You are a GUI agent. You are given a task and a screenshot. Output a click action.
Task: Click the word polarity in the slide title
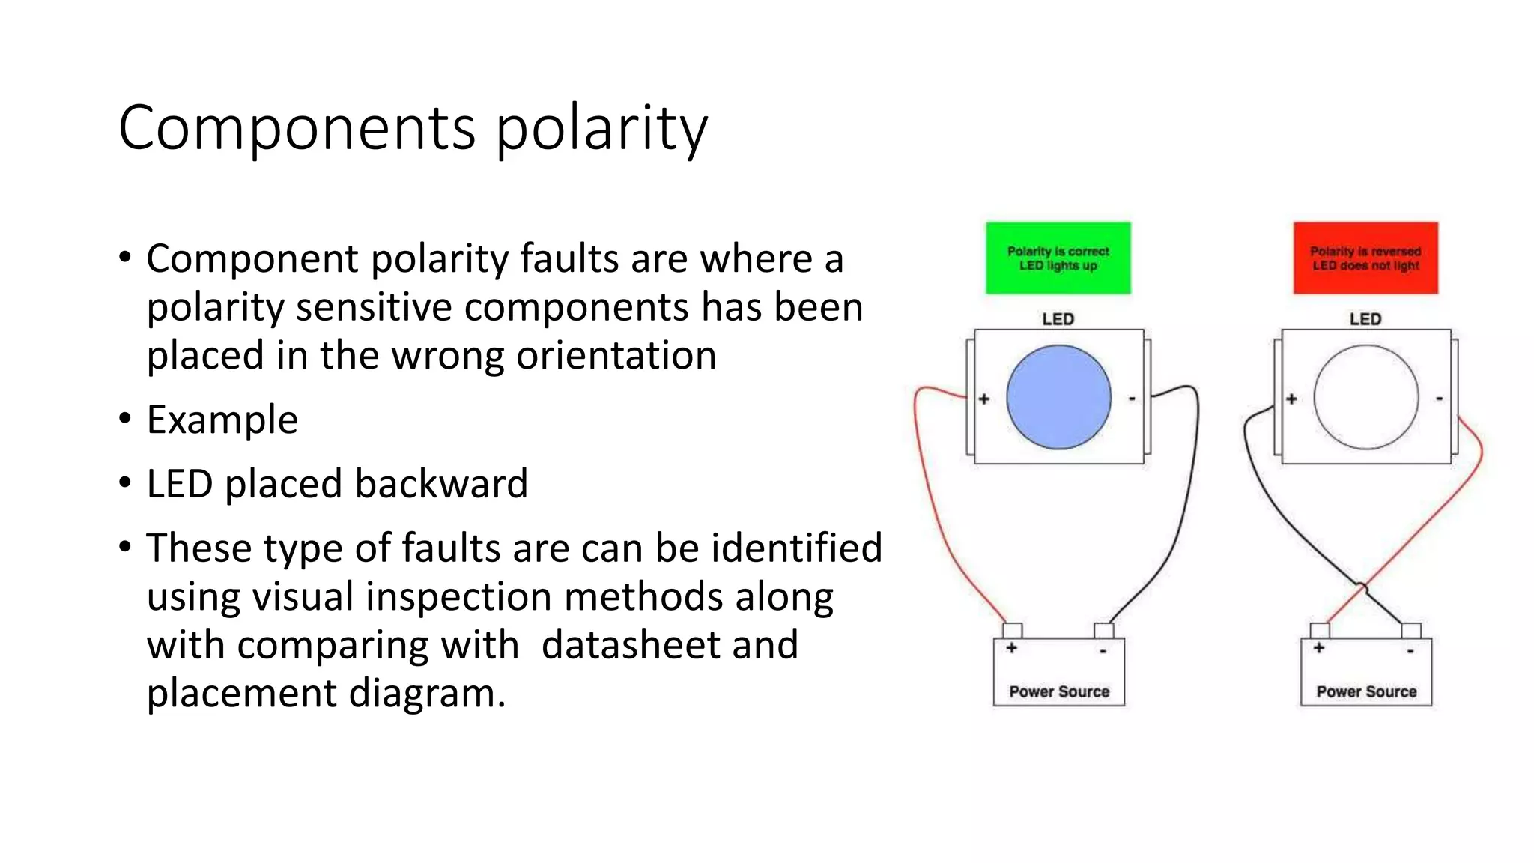point(601,129)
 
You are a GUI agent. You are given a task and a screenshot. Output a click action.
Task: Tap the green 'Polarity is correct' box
point(1058,258)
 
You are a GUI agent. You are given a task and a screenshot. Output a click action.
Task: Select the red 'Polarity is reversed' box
point(1365,258)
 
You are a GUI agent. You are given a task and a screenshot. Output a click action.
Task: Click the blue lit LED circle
point(1058,397)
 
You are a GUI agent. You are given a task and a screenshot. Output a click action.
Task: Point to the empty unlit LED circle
point(1365,397)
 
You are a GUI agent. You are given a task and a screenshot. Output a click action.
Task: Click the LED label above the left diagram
point(1058,319)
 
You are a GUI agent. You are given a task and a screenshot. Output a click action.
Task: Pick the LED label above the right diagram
point(1365,319)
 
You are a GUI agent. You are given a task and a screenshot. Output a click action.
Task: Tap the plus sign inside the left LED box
point(984,399)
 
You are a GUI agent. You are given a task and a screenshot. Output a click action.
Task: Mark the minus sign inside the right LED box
point(1439,399)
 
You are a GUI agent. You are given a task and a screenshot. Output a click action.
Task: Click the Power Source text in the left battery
point(1058,691)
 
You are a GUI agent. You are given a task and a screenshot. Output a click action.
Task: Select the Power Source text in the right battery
point(1366,691)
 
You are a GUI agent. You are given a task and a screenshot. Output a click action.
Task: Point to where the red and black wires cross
point(1362,587)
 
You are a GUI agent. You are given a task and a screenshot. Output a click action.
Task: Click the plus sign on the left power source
point(1011,648)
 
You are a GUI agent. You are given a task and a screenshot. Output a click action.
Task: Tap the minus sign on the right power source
point(1410,651)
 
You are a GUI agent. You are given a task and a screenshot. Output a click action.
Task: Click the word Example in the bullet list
point(222,420)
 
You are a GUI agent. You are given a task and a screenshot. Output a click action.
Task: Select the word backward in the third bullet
point(441,484)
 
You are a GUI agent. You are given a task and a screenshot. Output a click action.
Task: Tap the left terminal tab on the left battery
point(1012,629)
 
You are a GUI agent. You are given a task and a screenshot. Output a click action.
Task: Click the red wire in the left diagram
point(928,509)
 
